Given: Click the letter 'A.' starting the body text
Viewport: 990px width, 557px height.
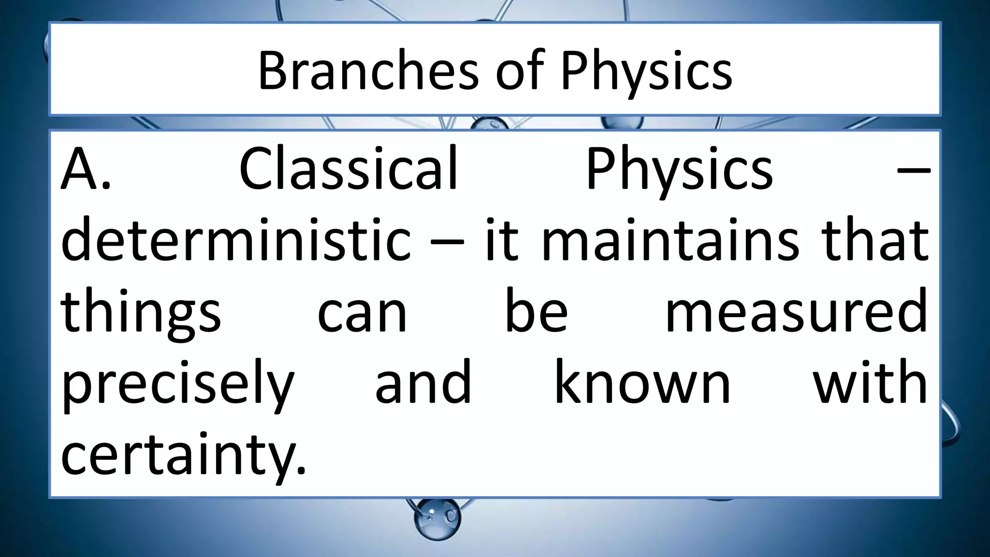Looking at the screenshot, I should [x=86, y=169].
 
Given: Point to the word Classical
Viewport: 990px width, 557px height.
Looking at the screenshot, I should [x=348, y=169].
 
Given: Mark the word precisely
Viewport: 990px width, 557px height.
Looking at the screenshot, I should [x=177, y=384].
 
